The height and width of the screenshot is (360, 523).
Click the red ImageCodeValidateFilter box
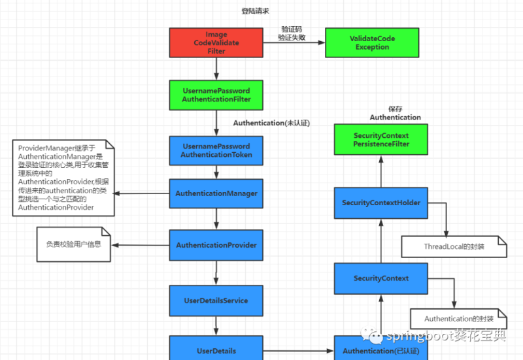click(x=216, y=42)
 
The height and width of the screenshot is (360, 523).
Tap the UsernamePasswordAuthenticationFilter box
click(x=216, y=95)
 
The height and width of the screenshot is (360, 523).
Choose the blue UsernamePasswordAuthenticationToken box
click(x=216, y=150)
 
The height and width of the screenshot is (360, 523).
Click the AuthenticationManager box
click(x=216, y=194)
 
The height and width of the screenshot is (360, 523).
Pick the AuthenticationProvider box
click(x=216, y=246)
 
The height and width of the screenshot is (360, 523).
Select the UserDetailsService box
click(x=216, y=301)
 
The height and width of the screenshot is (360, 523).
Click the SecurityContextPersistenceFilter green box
click(x=380, y=139)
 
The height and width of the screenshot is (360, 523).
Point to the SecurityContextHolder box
click(x=380, y=203)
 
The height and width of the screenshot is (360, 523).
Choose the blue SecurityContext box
click(x=380, y=278)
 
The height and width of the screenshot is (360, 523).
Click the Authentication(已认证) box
click(x=380, y=351)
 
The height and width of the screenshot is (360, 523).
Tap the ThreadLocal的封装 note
click(x=453, y=246)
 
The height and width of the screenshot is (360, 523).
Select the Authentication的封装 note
click(x=458, y=318)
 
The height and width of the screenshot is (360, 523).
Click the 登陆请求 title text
click(x=255, y=11)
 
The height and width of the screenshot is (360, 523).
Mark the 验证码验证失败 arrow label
click(x=292, y=34)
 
